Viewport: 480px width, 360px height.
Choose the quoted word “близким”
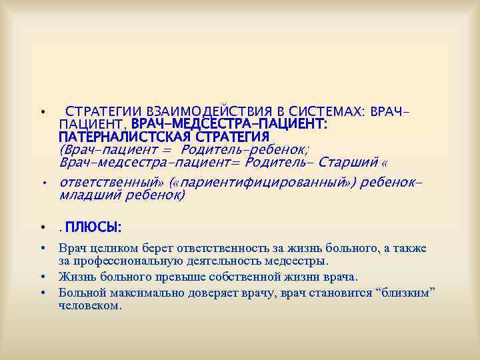coord(408,293)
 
